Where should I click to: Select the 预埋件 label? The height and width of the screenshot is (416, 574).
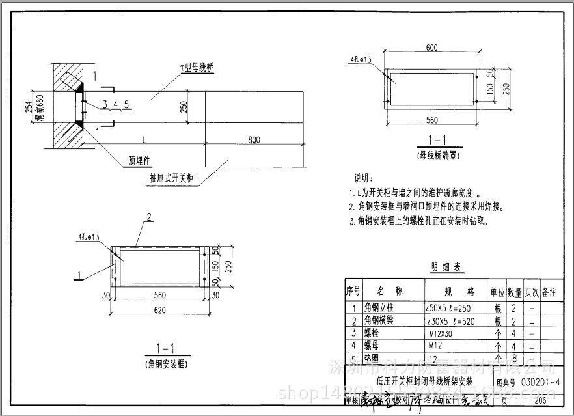click(139, 159)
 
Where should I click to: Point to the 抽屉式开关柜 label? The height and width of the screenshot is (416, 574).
click(172, 178)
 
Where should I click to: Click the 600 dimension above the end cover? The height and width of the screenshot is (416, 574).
click(431, 48)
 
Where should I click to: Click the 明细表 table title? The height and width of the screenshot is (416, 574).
click(447, 268)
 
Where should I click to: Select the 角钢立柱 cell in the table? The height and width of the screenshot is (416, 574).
click(379, 307)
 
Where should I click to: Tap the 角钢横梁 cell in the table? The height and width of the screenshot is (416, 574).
click(379, 320)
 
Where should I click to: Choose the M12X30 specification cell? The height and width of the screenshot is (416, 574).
click(441, 333)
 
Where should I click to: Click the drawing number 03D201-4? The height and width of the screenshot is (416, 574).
click(540, 382)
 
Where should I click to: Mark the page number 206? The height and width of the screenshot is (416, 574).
click(540, 400)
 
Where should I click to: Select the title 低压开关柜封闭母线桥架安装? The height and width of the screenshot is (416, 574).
click(424, 383)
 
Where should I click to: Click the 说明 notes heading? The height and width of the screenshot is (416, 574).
click(364, 178)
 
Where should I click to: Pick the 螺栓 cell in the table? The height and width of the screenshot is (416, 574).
click(372, 333)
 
